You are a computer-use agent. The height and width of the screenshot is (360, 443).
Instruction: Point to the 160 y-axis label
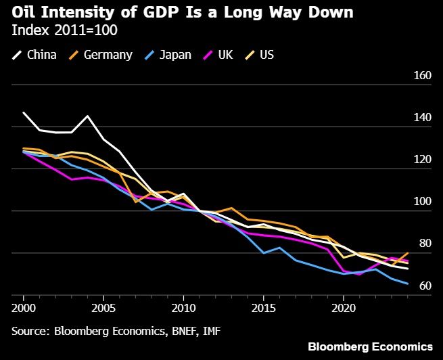pyautogui.click(x=423, y=76)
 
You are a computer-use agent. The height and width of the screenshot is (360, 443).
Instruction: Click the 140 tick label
pyautogui.click(x=423, y=118)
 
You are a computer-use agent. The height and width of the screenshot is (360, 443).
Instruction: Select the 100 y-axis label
pyautogui.click(x=423, y=202)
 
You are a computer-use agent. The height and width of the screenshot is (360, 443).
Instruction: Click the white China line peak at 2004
pyautogui.click(x=88, y=116)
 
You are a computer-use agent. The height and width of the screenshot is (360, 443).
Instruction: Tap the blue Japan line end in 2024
pyautogui.click(x=407, y=284)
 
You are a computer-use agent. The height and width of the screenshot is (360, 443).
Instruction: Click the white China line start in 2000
pyautogui.click(x=24, y=112)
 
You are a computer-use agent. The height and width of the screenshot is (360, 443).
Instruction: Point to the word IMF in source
pyautogui.click(x=210, y=332)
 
